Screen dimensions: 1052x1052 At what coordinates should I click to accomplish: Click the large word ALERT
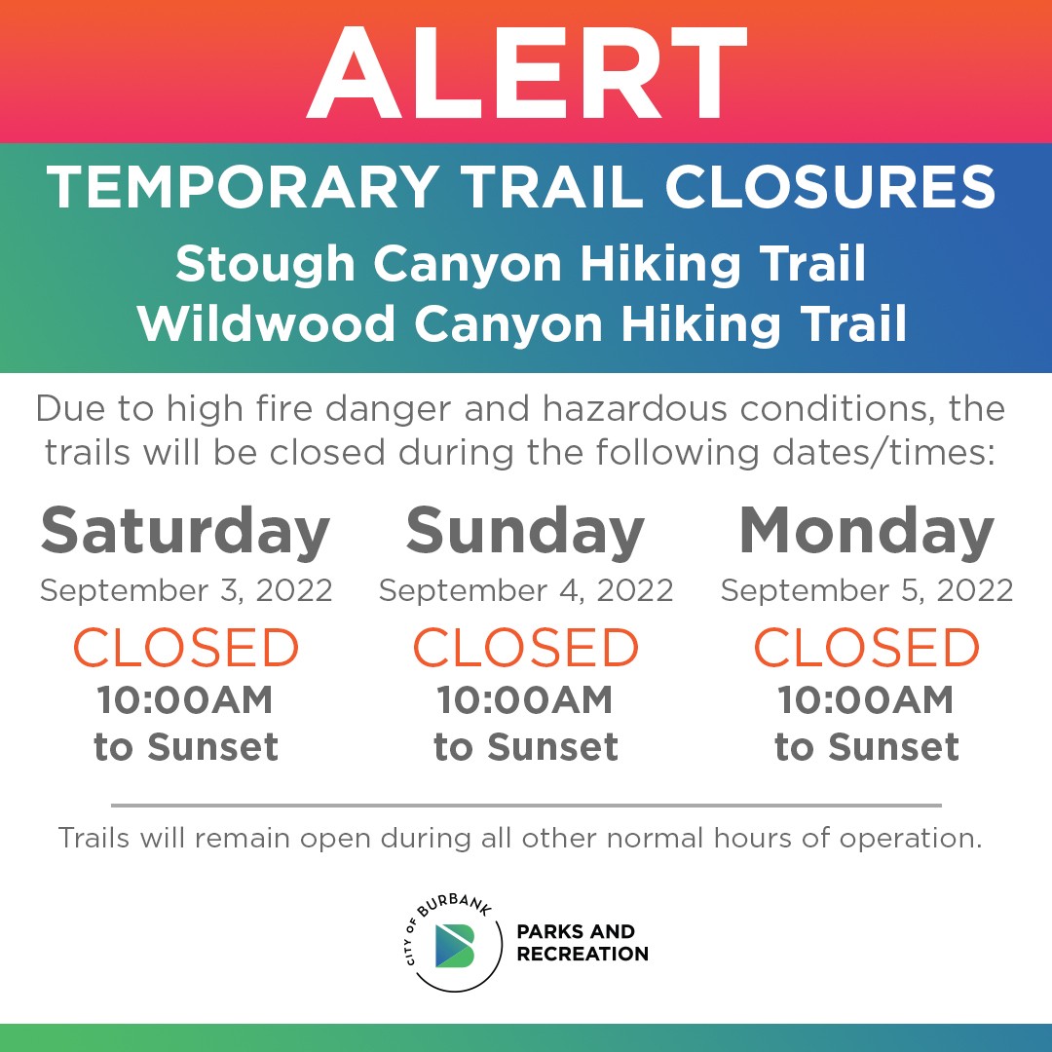527,73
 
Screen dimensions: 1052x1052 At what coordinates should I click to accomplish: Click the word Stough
265,265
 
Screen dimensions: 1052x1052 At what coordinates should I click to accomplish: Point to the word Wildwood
266,324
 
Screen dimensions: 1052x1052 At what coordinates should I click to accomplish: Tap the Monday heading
866,532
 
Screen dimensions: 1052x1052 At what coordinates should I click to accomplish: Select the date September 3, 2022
186,591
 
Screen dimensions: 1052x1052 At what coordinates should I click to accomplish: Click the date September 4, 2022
526,591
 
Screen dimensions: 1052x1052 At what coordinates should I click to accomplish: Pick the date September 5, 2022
867,591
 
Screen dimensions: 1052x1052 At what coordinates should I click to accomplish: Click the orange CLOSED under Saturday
186,648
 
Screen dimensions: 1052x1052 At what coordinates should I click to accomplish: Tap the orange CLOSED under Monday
867,648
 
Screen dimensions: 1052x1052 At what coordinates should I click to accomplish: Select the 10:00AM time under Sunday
525,699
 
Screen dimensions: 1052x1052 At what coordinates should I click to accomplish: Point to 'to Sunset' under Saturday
186,747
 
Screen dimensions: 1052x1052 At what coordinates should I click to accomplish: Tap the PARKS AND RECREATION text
582,943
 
